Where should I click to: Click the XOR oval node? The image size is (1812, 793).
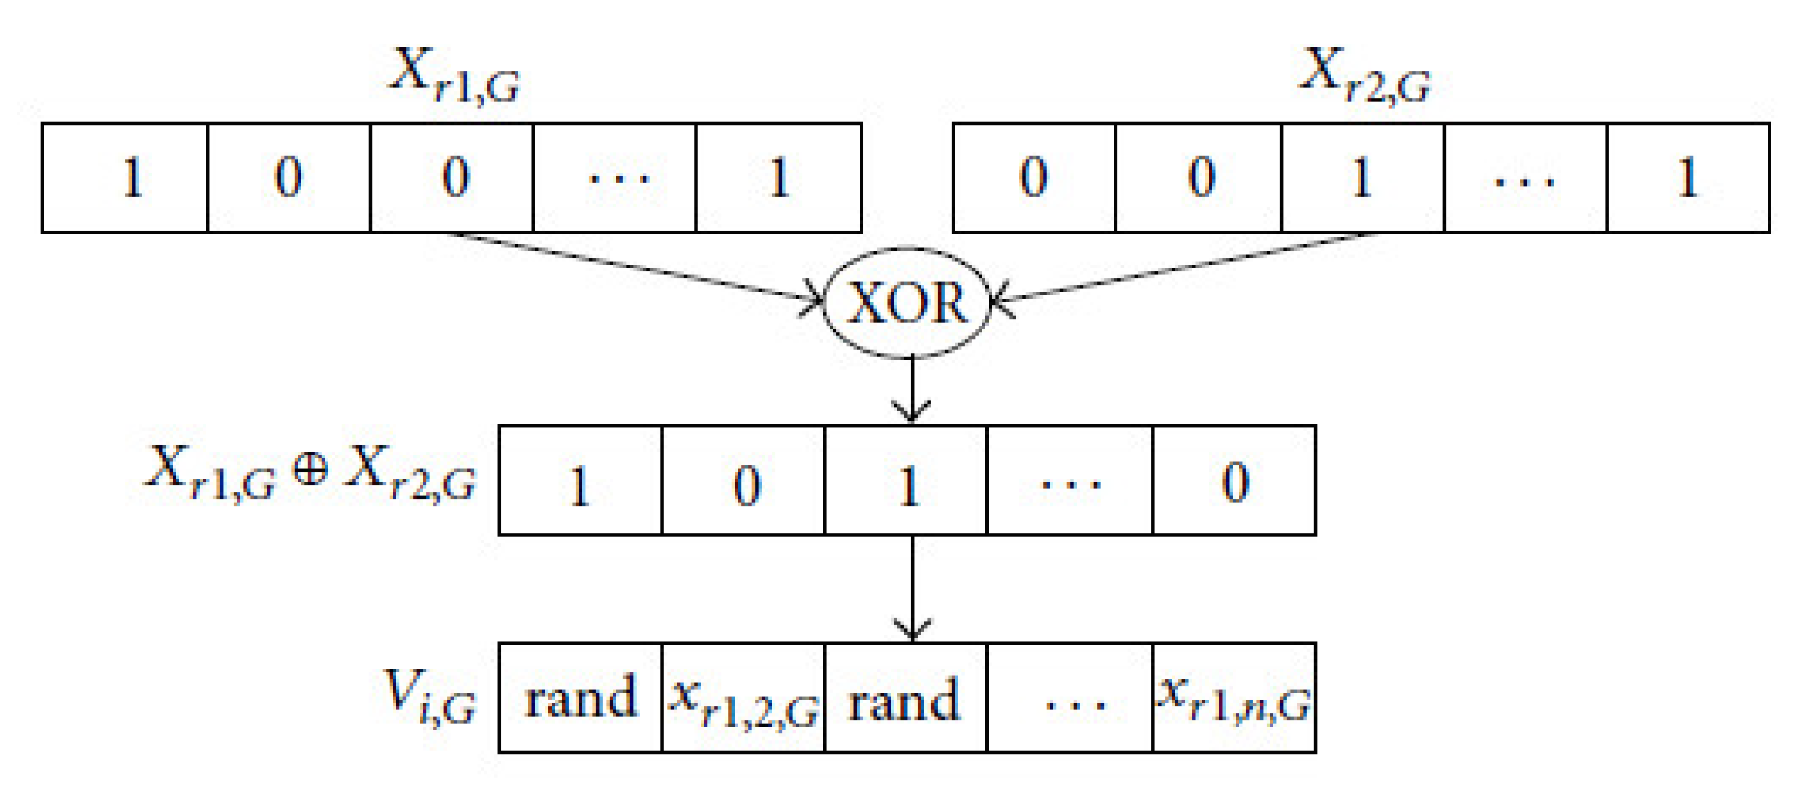906,302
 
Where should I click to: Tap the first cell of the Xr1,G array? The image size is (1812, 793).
125,178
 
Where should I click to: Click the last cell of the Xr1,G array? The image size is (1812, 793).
778,178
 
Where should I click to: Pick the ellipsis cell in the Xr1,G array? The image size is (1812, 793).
614,178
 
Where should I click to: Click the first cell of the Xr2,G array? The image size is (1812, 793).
1034,178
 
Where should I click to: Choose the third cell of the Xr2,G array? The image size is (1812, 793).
1362,178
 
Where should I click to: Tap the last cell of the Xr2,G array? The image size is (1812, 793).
1688,178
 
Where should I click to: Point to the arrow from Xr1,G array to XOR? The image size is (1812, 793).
633,268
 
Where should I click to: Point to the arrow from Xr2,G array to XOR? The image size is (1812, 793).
1183,268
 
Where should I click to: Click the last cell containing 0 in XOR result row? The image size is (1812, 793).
1234,481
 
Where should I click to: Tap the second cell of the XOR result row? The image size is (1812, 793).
744,481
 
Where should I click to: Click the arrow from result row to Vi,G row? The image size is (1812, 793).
912,588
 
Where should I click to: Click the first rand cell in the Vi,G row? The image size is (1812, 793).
580,698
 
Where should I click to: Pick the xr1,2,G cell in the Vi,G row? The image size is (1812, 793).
744,698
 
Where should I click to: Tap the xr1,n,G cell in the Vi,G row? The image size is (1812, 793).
1234,698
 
